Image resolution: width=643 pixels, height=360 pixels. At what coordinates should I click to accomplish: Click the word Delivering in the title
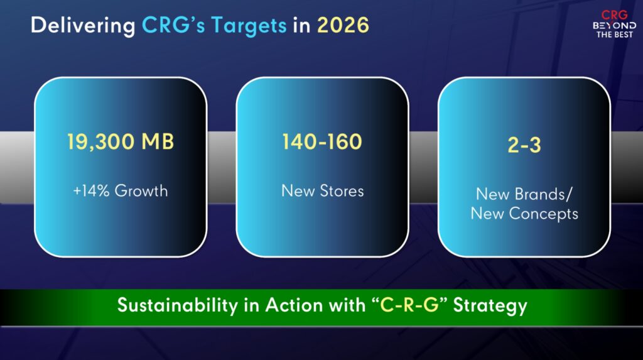click(x=83, y=26)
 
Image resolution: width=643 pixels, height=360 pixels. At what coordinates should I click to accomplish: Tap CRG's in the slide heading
click(x=173, y=25)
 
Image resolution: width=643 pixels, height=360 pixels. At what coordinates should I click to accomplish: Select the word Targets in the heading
click(x=249, y=26)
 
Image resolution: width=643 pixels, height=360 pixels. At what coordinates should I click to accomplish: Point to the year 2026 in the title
click(x=343, y=25)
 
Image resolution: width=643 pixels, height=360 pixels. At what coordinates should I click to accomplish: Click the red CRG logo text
click(x=614, y=15)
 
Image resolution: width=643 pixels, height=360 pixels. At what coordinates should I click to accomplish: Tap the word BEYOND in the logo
click(x=614, y=26)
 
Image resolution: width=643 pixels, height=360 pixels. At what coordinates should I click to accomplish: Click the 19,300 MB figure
click(x=121, y=142)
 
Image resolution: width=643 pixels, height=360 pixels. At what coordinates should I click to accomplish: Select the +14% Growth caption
click(x=121, y=191)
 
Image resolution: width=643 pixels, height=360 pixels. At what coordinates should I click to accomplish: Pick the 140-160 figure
click(x=322, y=141)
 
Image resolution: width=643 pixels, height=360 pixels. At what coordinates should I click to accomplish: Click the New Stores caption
click(x=323, y=191)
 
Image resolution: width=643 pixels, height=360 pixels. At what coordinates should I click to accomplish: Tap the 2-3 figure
click(x=524, y=145)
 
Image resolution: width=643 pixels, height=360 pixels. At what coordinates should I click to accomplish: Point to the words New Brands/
click(x=524, y=194)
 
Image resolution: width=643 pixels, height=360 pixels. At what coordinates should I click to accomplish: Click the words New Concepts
click(x=524, y=214)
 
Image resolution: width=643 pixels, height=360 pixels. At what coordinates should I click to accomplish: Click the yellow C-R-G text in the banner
click(x=409, y=305)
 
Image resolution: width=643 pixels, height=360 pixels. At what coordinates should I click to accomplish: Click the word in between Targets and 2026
click(x=302, y=26)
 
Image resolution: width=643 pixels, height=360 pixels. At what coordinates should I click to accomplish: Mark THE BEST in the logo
click(x=614, y=35)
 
